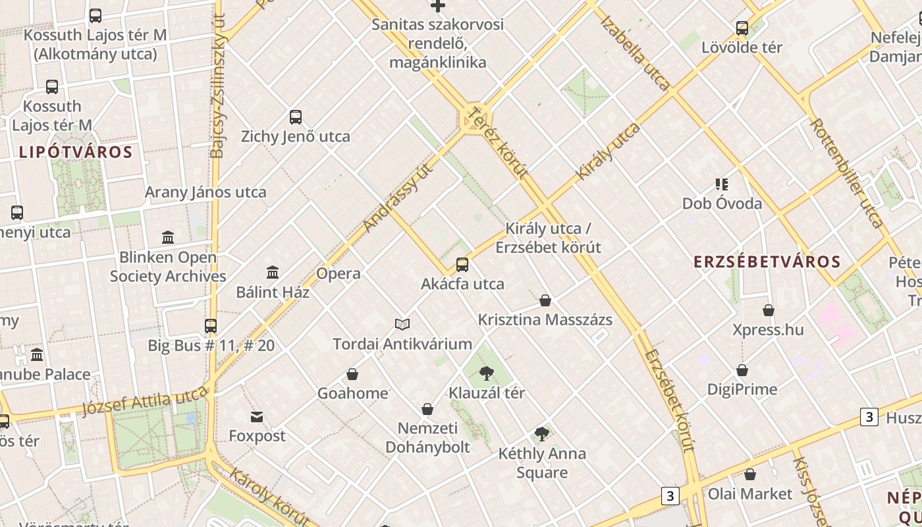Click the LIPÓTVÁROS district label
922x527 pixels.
76,152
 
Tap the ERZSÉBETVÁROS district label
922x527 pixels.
767,262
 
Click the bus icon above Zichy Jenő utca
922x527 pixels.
296,117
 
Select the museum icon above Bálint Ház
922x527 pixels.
273,272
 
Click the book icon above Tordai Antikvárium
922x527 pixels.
402,324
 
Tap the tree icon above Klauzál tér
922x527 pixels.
487,374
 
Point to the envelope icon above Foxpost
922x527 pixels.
257,417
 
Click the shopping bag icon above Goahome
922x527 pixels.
352,374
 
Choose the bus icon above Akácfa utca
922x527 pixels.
462,265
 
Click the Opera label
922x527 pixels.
339,273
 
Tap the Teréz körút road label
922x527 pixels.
497,143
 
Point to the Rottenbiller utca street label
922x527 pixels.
846,173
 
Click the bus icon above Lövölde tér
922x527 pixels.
742,28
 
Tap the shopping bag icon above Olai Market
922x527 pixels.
750,474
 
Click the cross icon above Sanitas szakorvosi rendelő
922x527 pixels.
438,6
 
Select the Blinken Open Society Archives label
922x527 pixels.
168,267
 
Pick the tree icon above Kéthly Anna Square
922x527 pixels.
542,434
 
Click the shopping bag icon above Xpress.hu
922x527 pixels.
769,310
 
